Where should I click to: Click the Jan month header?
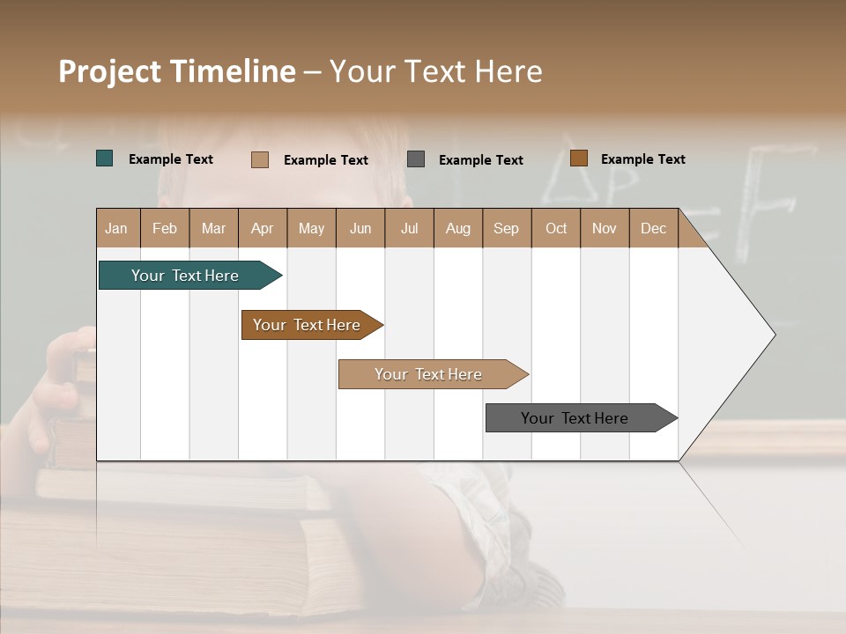coord(117,228)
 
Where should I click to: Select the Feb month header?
coord(165,228)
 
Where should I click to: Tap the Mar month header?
coord(213,228)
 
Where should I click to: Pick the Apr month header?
coord(263,228)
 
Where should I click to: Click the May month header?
coord(311,228)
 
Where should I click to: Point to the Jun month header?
coord(360,228)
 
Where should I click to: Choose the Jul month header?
coord(409,228)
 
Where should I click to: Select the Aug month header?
coord(458,228)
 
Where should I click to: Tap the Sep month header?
coord(507,228)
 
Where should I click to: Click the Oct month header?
coord(556,228)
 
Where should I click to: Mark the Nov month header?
coord(605,228)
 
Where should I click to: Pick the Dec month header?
coord(654,228)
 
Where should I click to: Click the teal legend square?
coord(105,158)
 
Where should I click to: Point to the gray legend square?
coord(416,158)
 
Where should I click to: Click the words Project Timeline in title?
coord(177,71)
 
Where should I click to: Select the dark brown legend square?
coord(578,158)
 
